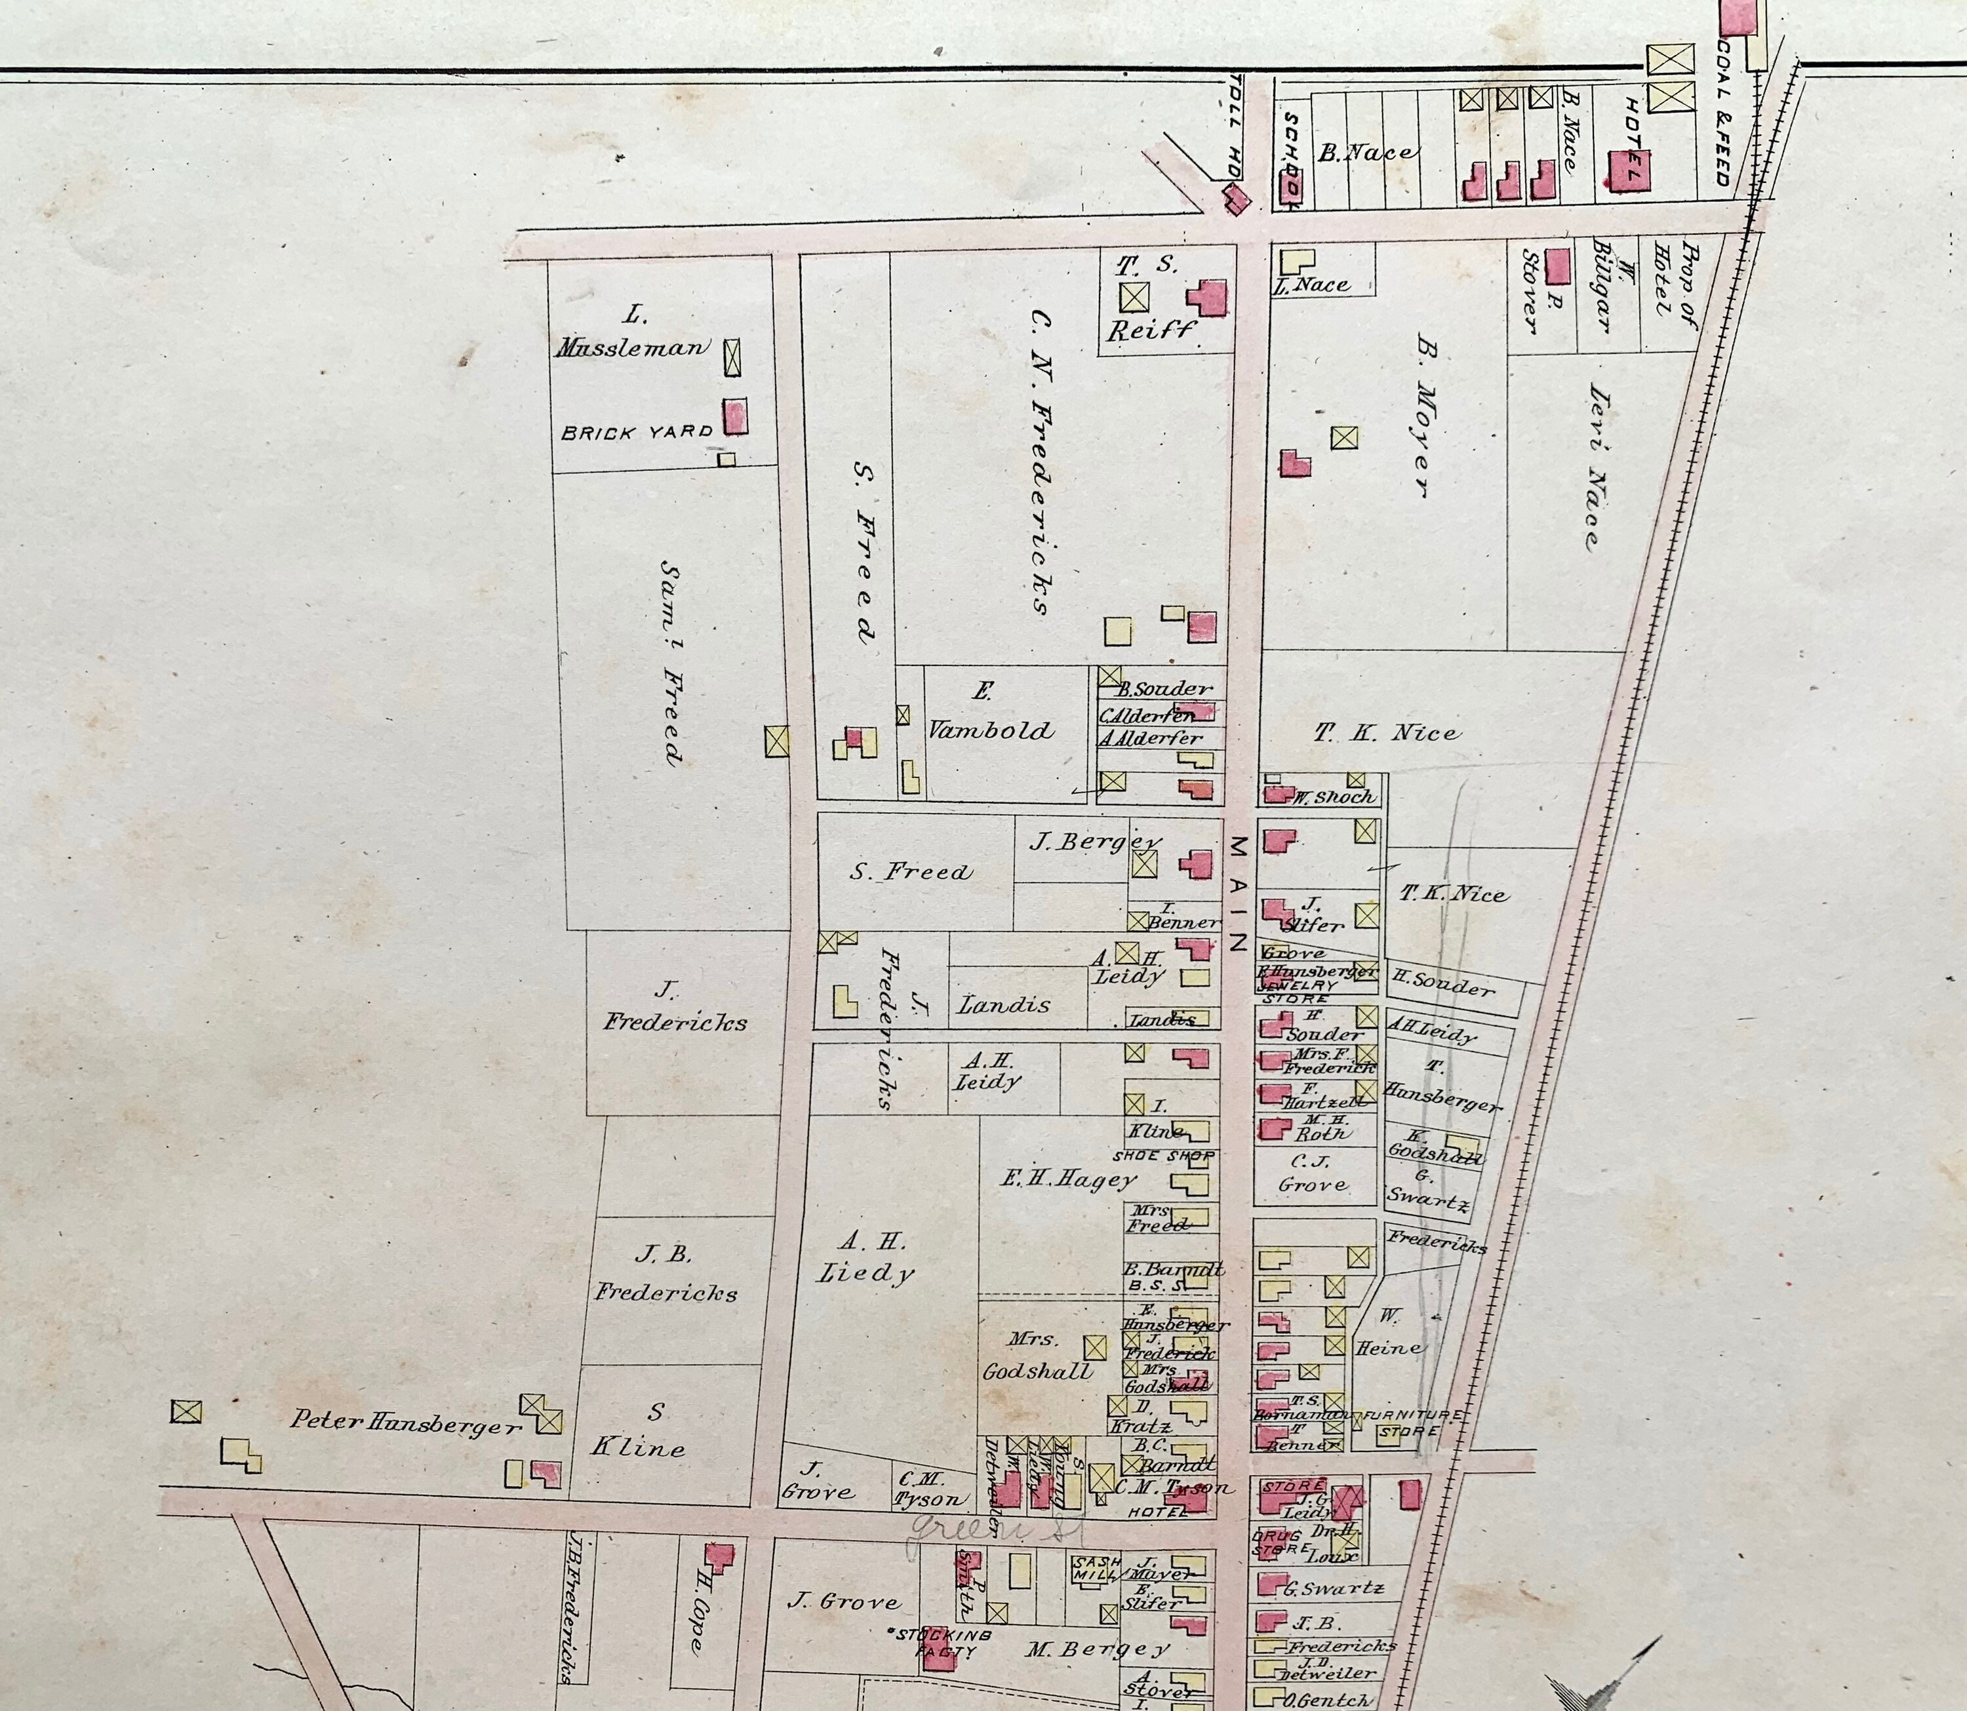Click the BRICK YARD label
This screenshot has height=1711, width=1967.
tap(636, 433)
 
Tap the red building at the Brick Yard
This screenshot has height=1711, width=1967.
tap(734, 417)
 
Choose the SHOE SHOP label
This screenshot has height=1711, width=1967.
tap(1162, 1155)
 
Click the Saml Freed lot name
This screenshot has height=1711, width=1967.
tap(672, 661)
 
